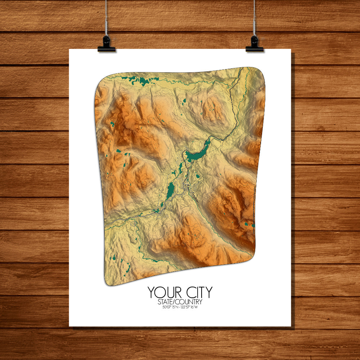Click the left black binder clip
(106, 44)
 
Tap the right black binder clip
(255, 44)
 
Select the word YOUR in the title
(162, 292)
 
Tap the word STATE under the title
(167, 302)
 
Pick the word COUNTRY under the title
(189, 302)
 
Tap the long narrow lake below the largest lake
(170, 189)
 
